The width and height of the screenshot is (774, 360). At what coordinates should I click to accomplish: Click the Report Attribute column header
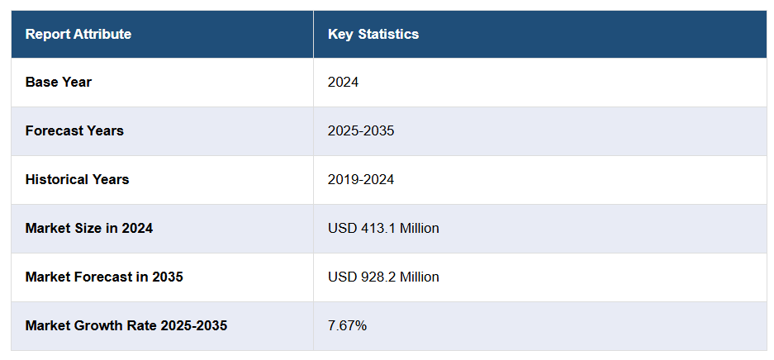[x=78, y=34]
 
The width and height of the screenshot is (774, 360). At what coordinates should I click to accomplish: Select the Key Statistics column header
[x=373, y=34]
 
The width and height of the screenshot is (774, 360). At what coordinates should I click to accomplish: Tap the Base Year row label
[x=59, y=83]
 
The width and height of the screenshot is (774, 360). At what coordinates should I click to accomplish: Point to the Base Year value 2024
[x=344, y=83]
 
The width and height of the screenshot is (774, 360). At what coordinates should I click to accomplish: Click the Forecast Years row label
[x=74, y=130]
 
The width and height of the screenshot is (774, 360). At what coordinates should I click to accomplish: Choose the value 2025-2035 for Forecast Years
[x=361, y=130]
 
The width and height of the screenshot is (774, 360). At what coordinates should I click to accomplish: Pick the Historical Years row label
[x=78, y=179]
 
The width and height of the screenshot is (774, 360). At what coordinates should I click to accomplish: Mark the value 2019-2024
[x=361, y=179]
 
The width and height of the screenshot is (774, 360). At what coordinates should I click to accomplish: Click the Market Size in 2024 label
[x=89, y=228]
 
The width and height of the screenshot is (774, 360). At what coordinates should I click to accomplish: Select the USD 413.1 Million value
[x=383, y=228]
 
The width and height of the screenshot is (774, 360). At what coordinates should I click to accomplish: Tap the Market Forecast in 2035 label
[x=104, y=277]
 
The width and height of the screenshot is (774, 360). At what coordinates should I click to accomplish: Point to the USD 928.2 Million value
[x=383, y=277]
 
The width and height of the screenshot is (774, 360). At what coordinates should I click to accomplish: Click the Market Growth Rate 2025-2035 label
[x=126, y=325]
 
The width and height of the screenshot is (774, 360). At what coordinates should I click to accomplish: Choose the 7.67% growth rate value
[x=348, y=325]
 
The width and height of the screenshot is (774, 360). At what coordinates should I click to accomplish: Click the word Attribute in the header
[x=103, y=34]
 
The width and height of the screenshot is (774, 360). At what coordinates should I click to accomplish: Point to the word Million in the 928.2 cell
[x=420, y=277]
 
